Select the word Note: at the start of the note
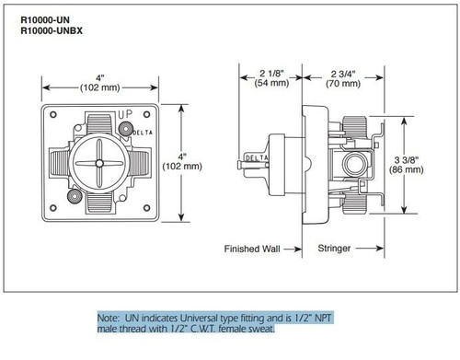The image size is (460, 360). (x=111, y=316)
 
